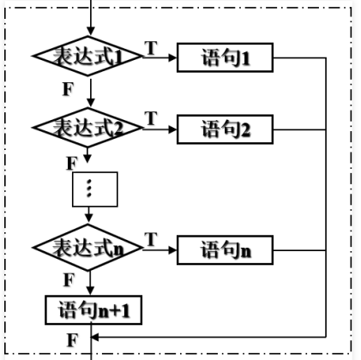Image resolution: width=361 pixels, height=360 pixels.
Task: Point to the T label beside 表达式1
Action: (x=151, y=48)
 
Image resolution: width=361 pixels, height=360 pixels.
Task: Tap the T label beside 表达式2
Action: (x=151, y=118)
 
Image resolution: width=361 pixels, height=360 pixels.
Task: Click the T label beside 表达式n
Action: (x=151, y=239)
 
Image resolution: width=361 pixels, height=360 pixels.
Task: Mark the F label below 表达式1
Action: (x=68, y=89)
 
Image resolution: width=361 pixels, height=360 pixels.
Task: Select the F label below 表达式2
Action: (x=72, y=164)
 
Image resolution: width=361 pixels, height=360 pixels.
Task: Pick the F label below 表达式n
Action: (x=69, y=279)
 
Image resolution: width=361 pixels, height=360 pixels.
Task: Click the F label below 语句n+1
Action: (x=73, y=340)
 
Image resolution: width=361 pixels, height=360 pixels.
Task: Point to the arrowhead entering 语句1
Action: (x=173, y=57)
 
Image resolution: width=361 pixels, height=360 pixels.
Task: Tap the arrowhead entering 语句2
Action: (x=173, y=129)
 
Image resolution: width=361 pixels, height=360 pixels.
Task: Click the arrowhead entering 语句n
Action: (x=173, y=250)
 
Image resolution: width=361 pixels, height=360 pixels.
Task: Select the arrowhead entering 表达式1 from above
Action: (x=91, y=31)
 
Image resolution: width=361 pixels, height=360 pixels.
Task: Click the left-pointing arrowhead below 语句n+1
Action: (x=95, y=337)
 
